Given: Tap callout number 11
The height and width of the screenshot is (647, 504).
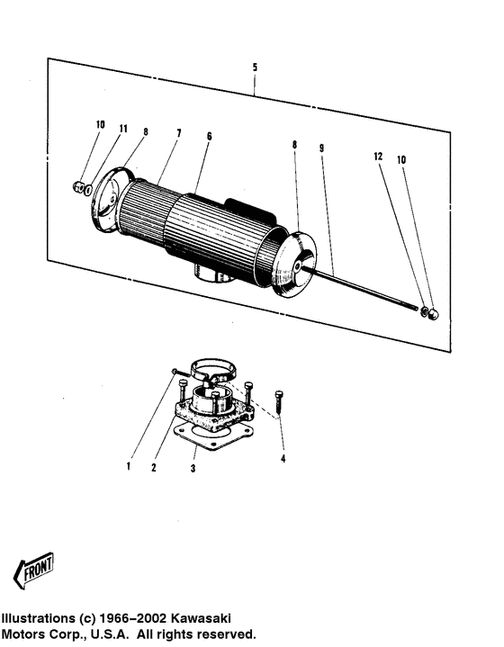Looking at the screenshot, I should [122, 129].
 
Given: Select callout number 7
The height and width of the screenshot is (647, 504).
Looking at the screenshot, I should [178, 133].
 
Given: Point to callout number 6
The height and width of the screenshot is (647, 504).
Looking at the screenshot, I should [209, 137].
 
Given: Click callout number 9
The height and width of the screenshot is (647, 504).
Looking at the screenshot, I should [321, 147].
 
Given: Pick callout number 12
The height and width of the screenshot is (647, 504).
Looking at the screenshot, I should [379, 157].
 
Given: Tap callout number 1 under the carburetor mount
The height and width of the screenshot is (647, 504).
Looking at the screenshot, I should [129, 466].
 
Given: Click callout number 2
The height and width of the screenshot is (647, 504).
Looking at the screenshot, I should [154, 466].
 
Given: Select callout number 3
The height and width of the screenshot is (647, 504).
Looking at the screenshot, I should [192, 469].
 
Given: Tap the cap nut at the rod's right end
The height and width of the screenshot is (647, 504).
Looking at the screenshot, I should [432, 314].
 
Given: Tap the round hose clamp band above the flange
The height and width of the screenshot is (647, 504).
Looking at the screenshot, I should [212, 372].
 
